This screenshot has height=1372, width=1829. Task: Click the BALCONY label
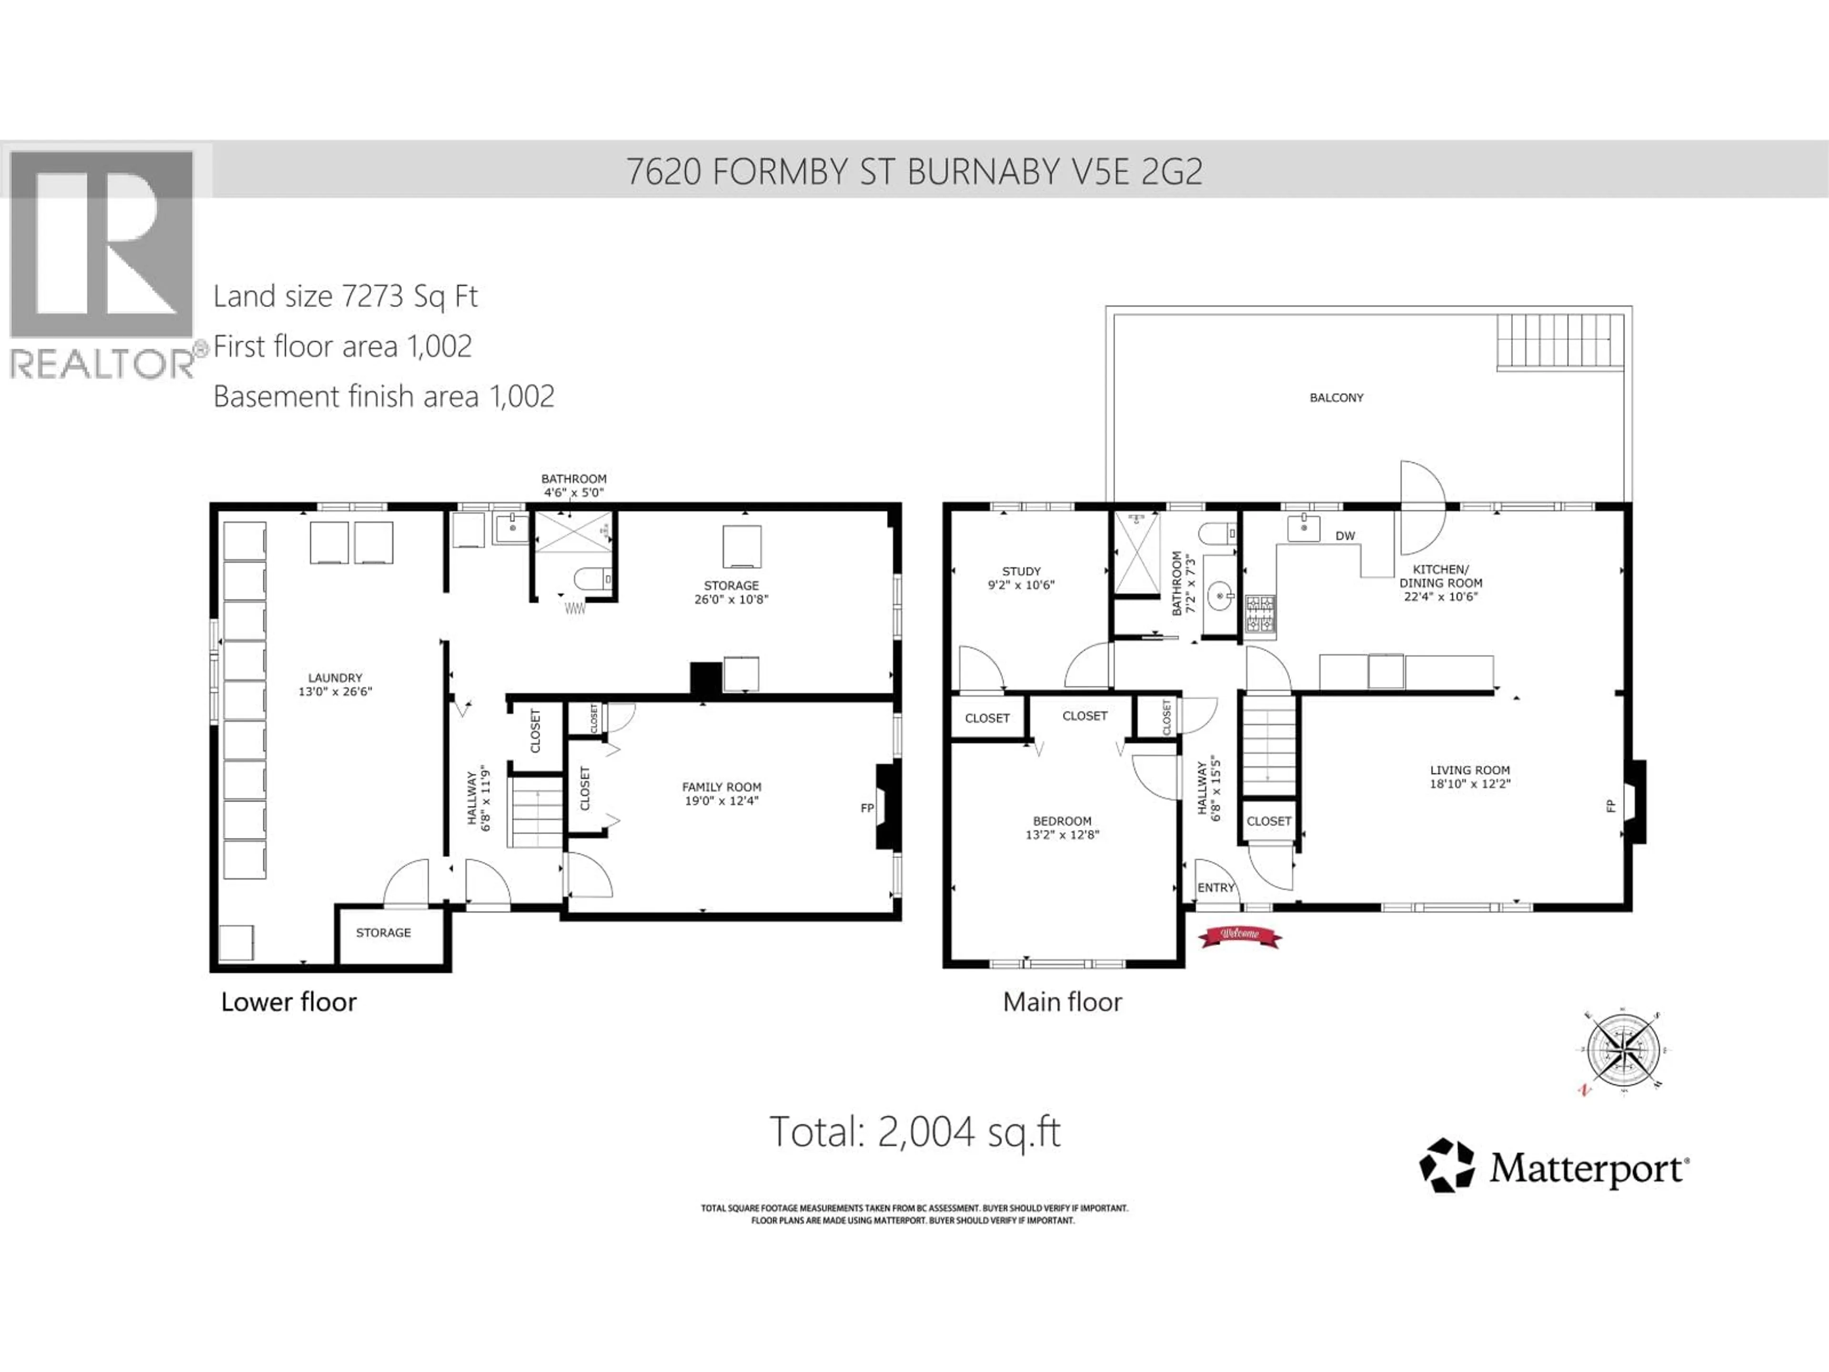click(1336, 398)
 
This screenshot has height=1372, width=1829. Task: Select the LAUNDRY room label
click(335, 677)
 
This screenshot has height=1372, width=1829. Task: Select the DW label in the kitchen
click(1345, 536)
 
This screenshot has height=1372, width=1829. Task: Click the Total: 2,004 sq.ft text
click(914, 1131)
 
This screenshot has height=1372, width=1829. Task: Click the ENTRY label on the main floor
click(1216, 888)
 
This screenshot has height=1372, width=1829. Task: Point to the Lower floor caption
click(289, 1002)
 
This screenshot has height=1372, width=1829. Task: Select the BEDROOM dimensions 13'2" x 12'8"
click(1062, 835)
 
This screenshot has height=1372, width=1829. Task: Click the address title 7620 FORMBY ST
click(914, 171)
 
